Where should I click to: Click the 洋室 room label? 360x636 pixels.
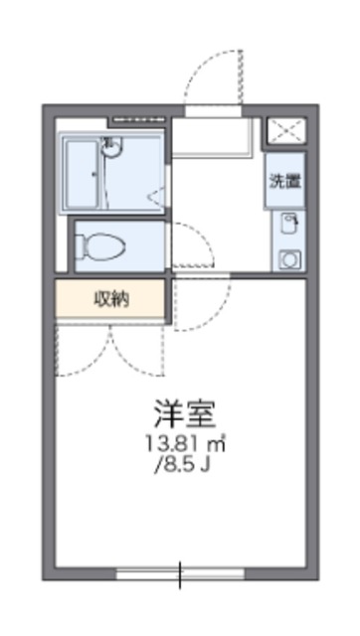coord(185,414)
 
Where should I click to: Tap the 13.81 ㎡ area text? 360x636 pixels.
coord(186,445)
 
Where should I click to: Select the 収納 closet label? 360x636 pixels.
coord(111,299)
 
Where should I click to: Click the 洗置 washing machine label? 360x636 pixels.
coord(285,181)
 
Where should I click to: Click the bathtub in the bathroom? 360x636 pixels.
coord(82,175)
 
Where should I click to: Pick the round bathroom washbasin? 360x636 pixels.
coord(111,146)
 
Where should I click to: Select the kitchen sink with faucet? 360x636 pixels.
coord(289,225)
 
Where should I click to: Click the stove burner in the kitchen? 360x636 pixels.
coord(290,259)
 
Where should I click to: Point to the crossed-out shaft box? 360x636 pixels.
coord(287,130)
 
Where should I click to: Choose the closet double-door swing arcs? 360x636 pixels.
coord(109,350)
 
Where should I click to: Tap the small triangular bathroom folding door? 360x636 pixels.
coord(157,197)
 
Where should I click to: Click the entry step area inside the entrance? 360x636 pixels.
coord(211,137)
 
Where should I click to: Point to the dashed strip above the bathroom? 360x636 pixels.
coord(139,119)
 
